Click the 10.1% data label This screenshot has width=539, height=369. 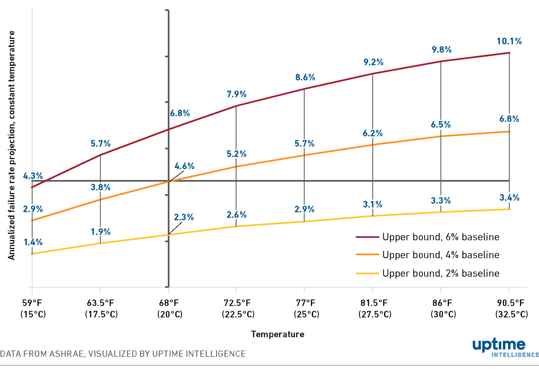[509, 41]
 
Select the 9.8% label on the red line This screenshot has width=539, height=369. [441, 50]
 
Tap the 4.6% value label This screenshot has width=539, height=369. [184, 166]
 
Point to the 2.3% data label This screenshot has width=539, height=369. [184, 217]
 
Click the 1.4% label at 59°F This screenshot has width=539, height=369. [33, 242]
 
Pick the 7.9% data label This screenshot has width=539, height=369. [236, 94]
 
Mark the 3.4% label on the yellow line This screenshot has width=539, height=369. [509, 198]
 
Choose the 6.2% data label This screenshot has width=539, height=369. [373, 133]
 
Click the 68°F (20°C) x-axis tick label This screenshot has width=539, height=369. [170, 309]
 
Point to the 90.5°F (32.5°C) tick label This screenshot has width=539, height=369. [511, 309]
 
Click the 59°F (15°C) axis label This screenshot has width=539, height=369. [33, 309]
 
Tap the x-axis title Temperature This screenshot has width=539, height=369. [277, 334]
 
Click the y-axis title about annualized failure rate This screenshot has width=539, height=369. [11, 145]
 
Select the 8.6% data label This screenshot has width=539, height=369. [305, 77]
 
